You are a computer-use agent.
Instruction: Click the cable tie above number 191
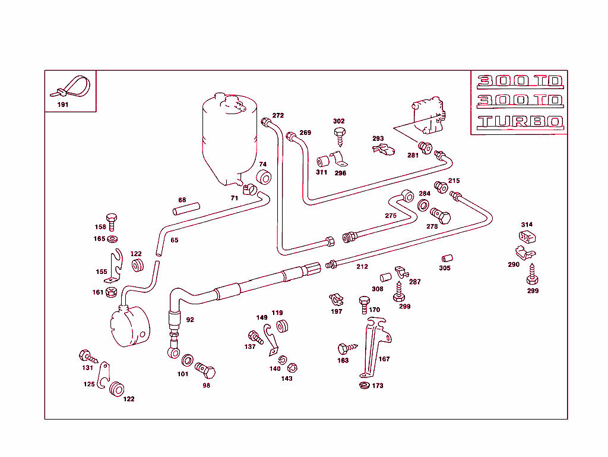click(70, 87)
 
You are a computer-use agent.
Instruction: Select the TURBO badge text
click(520, 122)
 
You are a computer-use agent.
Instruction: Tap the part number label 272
click(278, 115)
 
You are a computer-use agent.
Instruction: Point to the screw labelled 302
click(340, 136)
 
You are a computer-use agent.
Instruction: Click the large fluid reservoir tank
click(229, 140)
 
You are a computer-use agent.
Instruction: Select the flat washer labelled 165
click(112, 239)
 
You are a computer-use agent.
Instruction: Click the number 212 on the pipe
click(362, 267)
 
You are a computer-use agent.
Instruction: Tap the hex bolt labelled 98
click(206, 371)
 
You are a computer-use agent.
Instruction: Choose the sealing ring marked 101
click(186, 361)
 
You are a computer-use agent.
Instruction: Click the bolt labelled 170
click(363, 304)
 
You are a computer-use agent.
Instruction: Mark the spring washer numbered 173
click(363, 386)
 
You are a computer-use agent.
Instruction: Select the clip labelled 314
click(527, 238)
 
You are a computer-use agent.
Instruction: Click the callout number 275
click(390, 216)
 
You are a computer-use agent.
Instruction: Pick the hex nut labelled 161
click(111, 292)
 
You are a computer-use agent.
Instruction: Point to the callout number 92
click(190, 320)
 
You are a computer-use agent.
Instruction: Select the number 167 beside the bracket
click(384, 359)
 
